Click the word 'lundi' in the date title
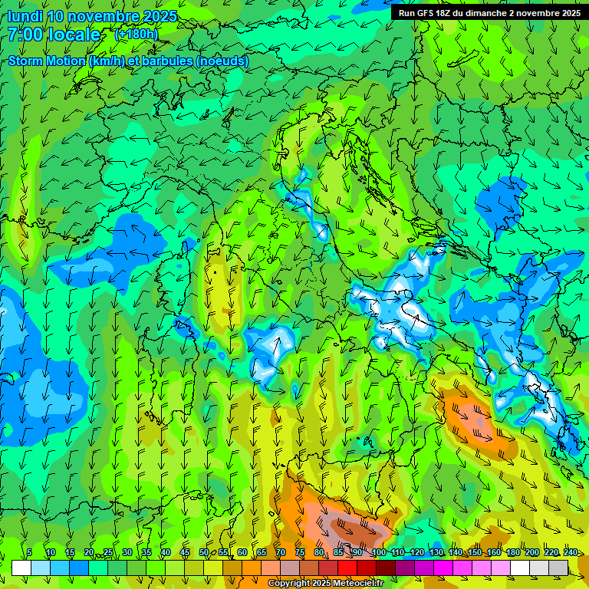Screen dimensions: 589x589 [x=25, y=16]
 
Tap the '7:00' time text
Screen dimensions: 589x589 [x=24, y=35]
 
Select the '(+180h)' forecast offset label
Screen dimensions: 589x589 [x=136, y=35]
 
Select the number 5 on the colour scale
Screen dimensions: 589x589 [x=29, y=552]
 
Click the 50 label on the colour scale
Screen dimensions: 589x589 [x=204, y=552]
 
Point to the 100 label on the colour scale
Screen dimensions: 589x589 [x=378, y=552]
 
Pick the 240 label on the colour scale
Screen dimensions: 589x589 [x=571, y=552]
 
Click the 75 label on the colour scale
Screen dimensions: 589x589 [x=300, y=552]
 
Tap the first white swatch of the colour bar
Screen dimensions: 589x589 [x=21, y=568]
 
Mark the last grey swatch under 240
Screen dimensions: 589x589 [x=558, y=568]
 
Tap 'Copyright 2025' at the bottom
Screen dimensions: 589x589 [x=294, y=584]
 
